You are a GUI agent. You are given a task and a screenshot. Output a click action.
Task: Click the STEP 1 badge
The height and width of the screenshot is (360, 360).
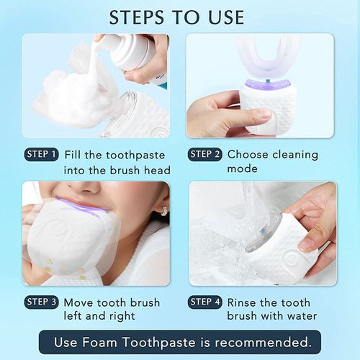pos(42,155)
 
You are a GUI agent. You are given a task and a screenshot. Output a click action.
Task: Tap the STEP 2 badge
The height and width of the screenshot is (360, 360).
pos(205,155)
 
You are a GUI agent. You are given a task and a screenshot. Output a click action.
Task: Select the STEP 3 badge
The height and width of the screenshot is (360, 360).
pos(42,302)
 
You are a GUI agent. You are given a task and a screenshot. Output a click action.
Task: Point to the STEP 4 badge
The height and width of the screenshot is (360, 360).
pos(205,302)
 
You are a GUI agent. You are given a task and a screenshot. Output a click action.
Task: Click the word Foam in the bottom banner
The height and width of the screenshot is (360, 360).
pos(105,341)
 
